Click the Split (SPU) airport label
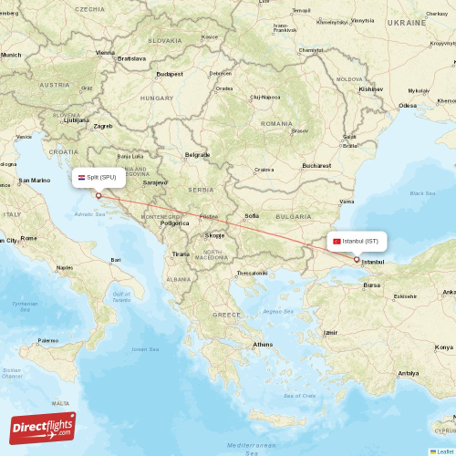click(x=101, y=177)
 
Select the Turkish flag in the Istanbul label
click(x=337, y=241)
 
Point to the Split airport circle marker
click(x=98, y=194)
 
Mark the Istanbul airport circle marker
click(x=357, y=259)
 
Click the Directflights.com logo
click(x=42, y=428)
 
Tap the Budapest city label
click(x=170, y=74)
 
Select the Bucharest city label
click(x=317, y=165)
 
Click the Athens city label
click(x=263, y=344)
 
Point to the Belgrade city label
click(x=197, y=155)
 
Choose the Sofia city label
click(x=253, y=215)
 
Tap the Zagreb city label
click(x=102, y=126)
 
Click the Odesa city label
click(x=407, y=105)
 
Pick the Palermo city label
click(x=47, y=340)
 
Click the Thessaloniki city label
click(x=252, y=273)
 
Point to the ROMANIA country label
click(x=276, y=122)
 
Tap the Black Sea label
click(x=422, y=193)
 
